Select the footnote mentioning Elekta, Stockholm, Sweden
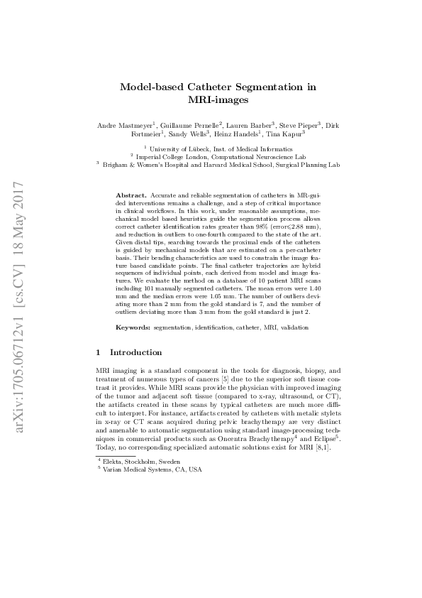(142, 462)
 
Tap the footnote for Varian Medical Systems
(152, 469)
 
